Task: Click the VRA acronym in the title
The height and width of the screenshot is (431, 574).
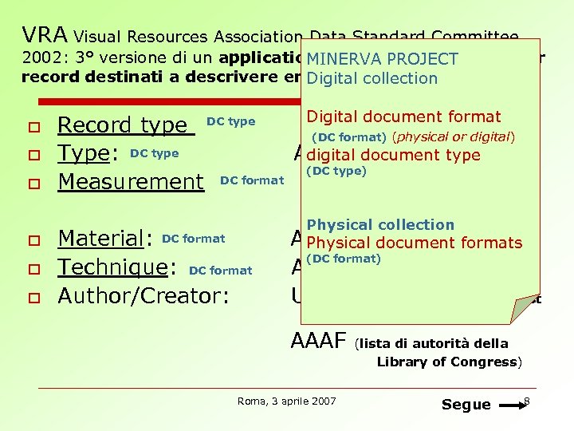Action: coord(45,35)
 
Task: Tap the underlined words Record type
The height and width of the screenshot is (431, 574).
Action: coord(123,125)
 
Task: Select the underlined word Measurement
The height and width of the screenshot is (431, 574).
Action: coord(131,182)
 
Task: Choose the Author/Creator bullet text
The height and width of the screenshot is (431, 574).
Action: coord(143,296)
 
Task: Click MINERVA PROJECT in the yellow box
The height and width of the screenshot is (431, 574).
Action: coord(383,59)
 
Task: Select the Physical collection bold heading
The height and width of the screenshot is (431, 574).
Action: coord(380,225)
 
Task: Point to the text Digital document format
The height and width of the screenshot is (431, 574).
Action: coord(403,117)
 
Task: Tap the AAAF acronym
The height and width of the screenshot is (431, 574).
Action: coord(320,341)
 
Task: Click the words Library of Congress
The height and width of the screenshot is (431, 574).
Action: coord(446,362)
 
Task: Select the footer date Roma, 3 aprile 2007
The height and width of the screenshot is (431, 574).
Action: coord(287,401)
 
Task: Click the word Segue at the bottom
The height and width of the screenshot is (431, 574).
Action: coord(466,404)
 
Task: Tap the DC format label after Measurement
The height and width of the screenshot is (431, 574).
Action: coord(252,180)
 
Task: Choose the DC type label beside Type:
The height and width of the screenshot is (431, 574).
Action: coord(154,153)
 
